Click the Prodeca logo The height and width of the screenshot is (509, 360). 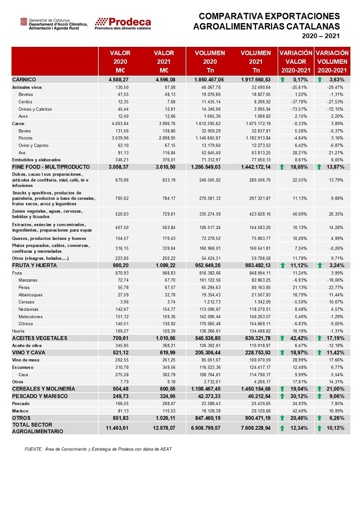(x=123, y=24)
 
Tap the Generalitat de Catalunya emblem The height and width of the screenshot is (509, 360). (x=24, y=22)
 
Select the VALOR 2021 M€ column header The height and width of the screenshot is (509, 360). (x=164, y=61)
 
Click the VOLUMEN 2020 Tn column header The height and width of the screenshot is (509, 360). (x=210, y=61)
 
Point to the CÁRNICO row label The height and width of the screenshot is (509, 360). (x=24, y=80)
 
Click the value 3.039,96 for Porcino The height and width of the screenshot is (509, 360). (x=120, y=138)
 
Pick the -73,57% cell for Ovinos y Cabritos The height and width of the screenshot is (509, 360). (x=299, y=109)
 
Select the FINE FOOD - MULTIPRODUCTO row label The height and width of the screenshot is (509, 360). (x=51, y=167)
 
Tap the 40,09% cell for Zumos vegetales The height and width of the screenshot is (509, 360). (x=300, y=214)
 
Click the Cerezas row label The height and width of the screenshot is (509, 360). (x=26, y=302)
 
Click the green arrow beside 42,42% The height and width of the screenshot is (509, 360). (x=282, y=338)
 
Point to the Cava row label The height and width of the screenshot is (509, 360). (x=23, y=375)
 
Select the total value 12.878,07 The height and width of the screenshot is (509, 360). (x=164, y=428)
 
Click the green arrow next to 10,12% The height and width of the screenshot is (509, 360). (x=319, y=428)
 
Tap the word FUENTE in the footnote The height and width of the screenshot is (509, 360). (x=33, y=449)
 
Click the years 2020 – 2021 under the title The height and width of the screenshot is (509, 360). (x=320, y=36)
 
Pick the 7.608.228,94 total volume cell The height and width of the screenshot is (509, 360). (x=256, y=428)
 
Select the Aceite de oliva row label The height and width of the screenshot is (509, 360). (x=27, y=345)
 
